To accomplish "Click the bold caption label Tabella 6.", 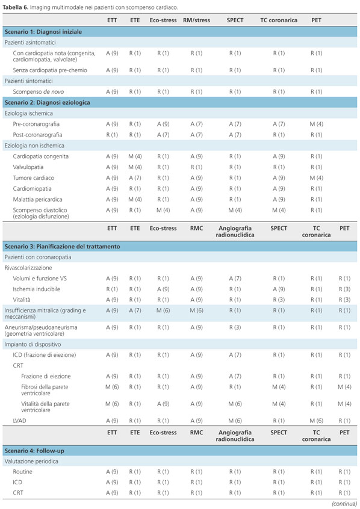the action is click(16, 7).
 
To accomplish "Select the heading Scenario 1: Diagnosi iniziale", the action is click(43, 32).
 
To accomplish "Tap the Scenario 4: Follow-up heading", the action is click(34, 451).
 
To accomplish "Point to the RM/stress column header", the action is click(197, 20).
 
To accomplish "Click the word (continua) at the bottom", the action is click(344, 504).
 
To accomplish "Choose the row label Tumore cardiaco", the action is click(34, 178).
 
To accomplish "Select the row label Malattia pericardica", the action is click(37, 199).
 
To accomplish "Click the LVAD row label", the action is click(19, 421).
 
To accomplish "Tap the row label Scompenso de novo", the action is click(39, 92).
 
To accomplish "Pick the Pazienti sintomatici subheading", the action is click(28, 81).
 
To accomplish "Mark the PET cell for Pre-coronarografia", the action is click(317, 124).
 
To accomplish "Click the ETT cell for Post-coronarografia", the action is click(112, 135).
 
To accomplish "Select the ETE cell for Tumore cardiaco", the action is click(135, 178).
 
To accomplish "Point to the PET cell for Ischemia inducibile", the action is click(345, 289).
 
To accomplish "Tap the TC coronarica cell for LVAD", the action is click(317, 421).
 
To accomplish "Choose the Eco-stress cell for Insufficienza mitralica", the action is click(163, 310).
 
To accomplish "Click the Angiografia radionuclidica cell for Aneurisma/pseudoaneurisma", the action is click(235, 327).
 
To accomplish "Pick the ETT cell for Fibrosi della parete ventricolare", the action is click(112, 387).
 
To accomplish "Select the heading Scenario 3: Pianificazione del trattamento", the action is click(63, 247).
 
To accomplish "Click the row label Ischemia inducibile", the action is click(36, 289).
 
